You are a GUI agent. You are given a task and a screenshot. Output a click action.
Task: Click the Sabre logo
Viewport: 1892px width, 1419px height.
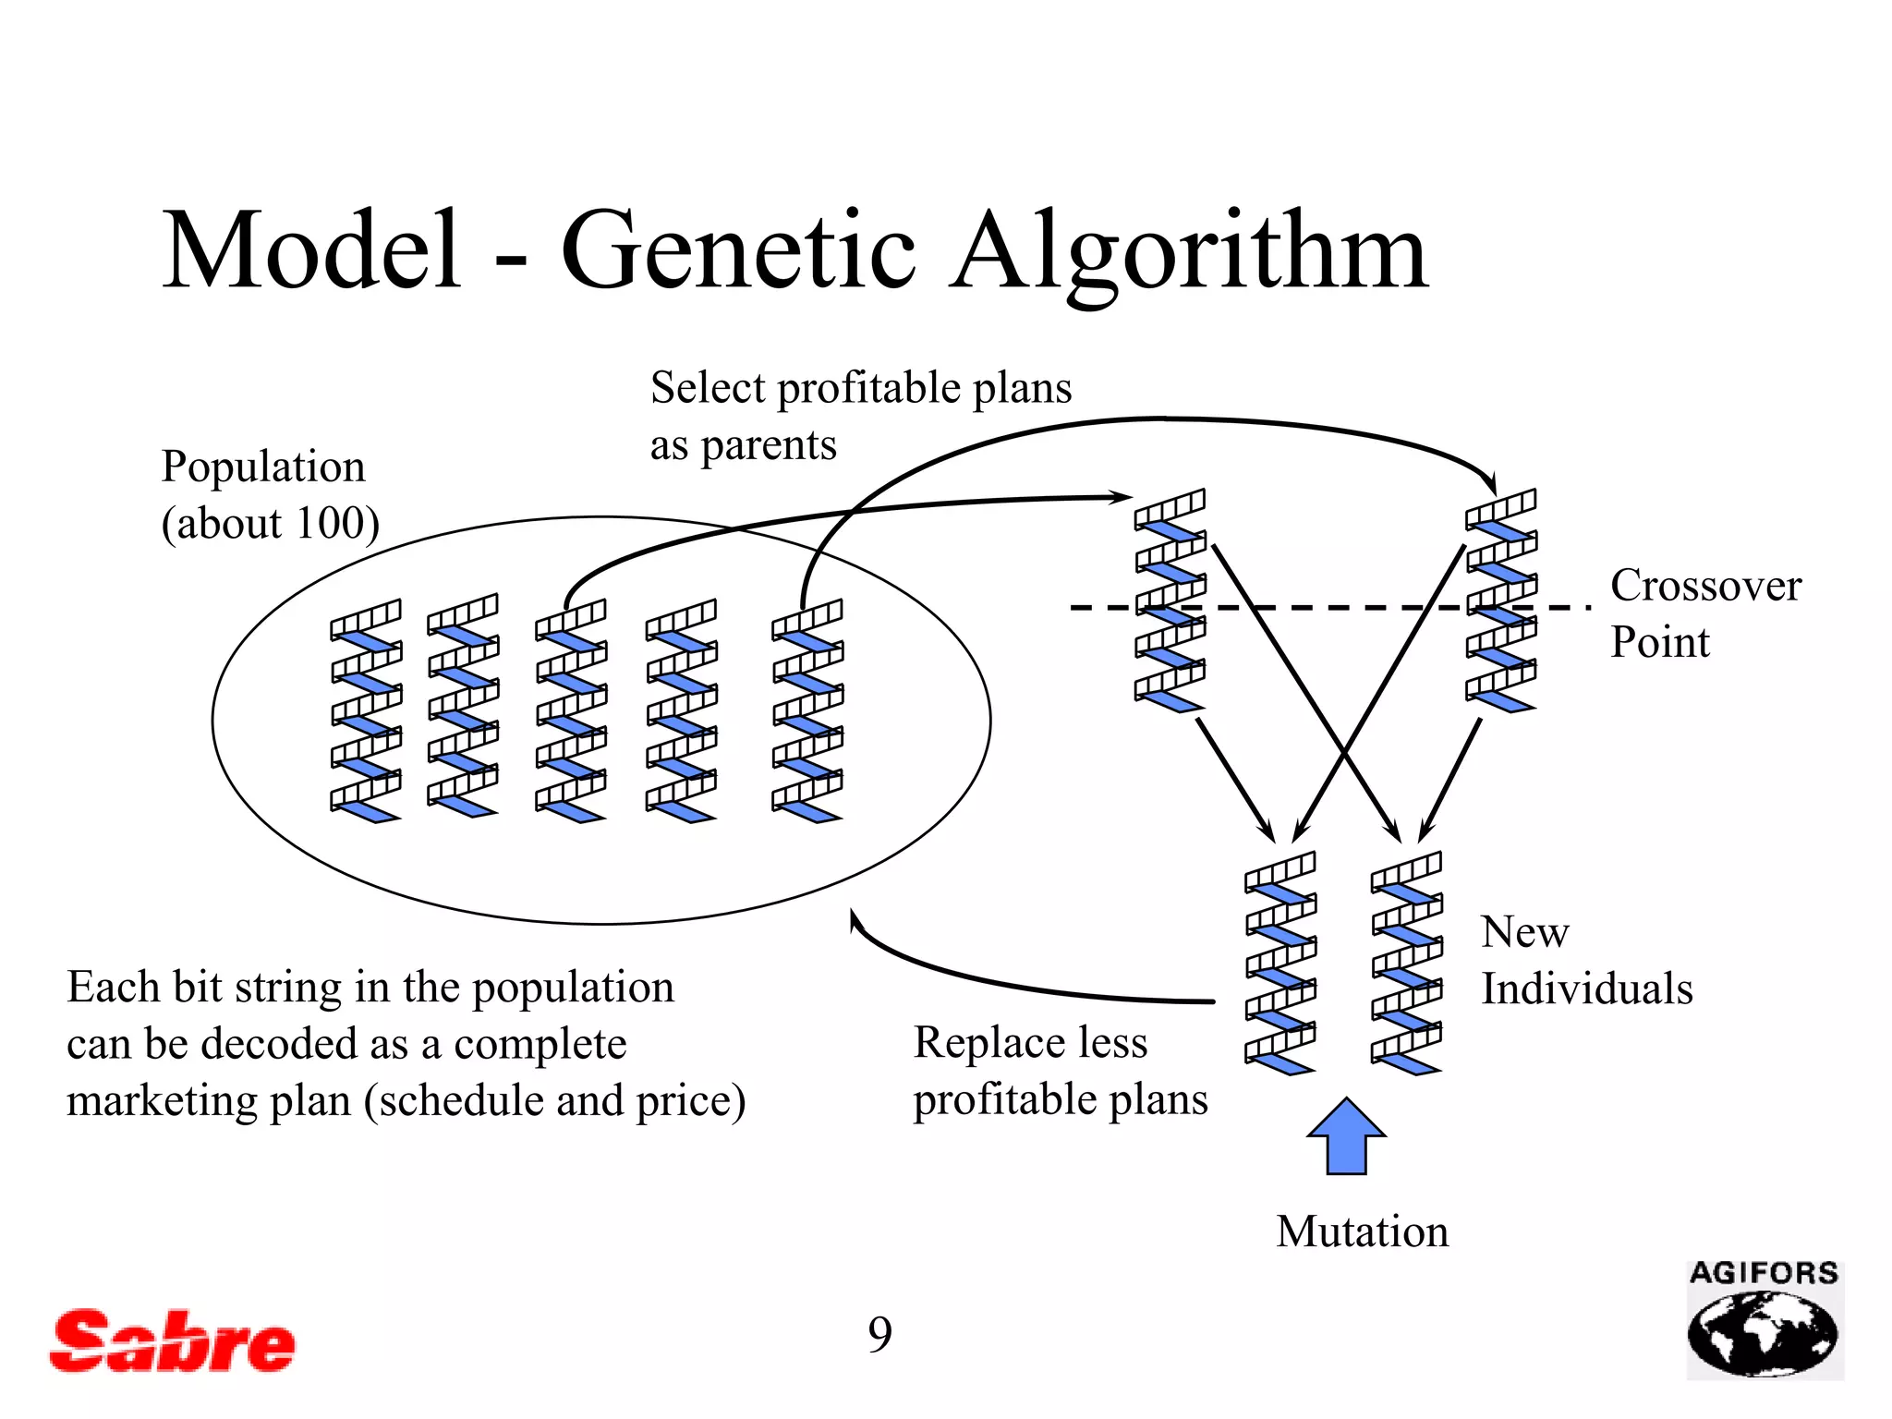(172, 1341)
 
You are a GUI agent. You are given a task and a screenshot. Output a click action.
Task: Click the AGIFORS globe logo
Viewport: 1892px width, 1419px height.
(1764, 1321)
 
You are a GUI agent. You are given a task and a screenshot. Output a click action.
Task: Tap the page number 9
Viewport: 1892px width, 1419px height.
(879, 1334)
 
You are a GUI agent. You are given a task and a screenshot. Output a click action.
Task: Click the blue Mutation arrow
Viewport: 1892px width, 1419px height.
(1346, 1137)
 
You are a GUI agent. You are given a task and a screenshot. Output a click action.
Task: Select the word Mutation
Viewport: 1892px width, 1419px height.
(1362, 1231)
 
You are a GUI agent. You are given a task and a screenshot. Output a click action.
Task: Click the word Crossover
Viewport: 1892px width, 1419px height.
(1705, 586)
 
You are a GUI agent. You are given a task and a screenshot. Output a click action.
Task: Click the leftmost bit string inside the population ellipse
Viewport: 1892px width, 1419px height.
(366, 711)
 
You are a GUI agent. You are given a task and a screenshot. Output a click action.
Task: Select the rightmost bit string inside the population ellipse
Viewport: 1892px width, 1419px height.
(807, 711)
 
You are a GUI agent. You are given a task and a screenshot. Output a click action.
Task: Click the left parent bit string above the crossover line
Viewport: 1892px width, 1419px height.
(1170, 600)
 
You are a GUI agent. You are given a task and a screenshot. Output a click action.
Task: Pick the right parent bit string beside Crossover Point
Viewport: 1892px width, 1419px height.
(1500, 600)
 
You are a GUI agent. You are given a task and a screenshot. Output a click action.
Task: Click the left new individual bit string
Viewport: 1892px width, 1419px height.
(1280, 964)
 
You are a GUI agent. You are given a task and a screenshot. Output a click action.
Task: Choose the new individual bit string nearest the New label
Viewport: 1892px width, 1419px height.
(1406, 964)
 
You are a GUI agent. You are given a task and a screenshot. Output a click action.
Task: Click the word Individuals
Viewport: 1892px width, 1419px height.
(1586, 988)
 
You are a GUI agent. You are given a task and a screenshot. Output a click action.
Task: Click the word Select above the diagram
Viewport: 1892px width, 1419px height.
(708, 388)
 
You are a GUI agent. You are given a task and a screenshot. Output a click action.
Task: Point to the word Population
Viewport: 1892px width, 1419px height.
(263, 467)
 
